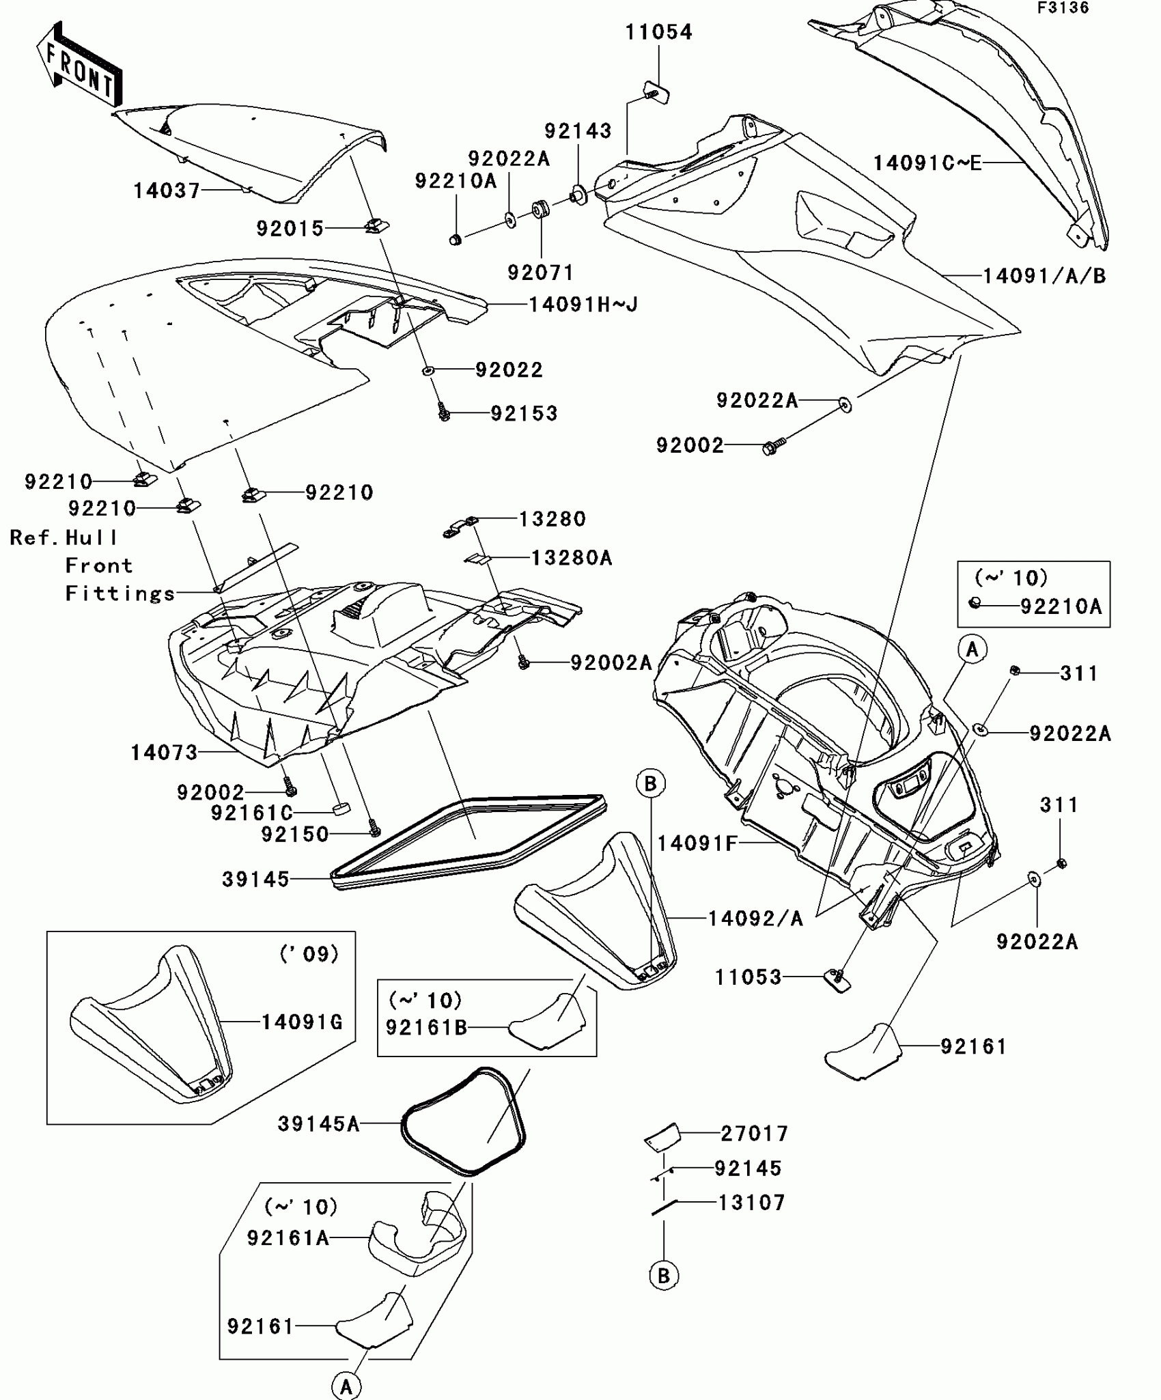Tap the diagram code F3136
coord(1063,8)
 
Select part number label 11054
coord(659,32)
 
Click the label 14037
coord(167,191)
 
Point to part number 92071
coord(541,272)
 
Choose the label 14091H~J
coord(584,304)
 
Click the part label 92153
coord(524,413)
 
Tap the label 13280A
coord(572,558)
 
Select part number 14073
coord(164,753)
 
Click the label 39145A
coord(318,1123)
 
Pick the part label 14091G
coord(303,1022)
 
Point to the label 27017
coord(755,1134)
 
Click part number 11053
coord(748,977)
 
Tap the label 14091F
coord(697,843)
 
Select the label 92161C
coord(251,813)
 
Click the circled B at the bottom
coord(664,1276)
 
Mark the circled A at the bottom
coord(346,1386)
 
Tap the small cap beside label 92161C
coord(340,810)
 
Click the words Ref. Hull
coord(64,538)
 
